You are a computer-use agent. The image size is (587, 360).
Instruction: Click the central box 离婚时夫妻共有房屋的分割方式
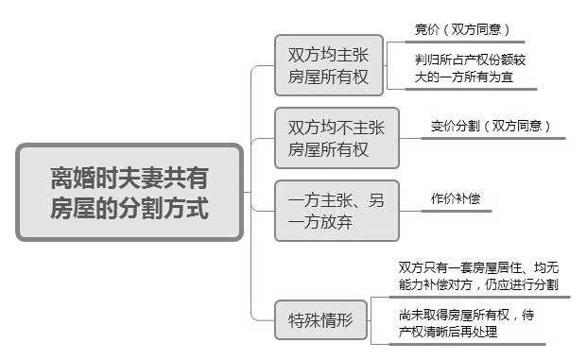(129, 193)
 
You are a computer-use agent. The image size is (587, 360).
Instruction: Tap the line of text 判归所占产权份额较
(470, 59)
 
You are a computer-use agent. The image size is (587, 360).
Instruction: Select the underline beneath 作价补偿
(463, 212)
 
